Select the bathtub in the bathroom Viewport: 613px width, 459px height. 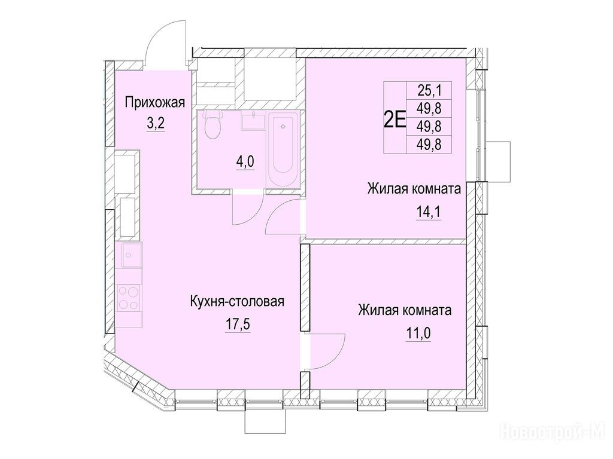pyautogui.click(x=283, y=149)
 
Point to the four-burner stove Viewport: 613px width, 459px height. pyautogui.click(x=129, y=298)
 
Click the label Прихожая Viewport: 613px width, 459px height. pyautogui.click(x=155, y=103)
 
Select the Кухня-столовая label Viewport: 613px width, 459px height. pyautogui.click(x=237, y=302)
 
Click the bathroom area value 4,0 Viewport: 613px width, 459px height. pyautogui.click(x=245, y=161)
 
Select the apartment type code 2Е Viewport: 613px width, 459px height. pyautogui.click(x=395, y=120)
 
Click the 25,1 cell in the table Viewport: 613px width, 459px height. pyautogui.click(x=429, y=91)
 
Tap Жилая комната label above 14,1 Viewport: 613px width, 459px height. pyautogui.click(x=414, y=189)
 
